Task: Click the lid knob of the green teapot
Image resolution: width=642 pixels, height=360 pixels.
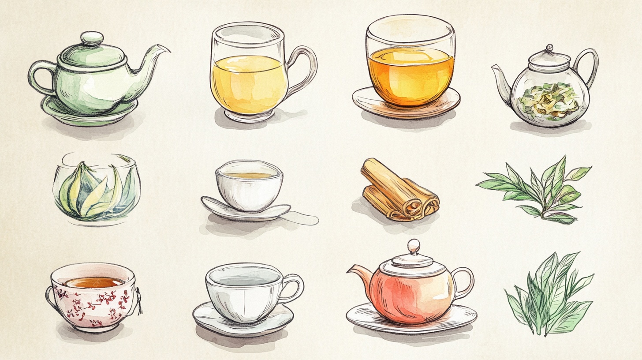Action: tap(92, 38)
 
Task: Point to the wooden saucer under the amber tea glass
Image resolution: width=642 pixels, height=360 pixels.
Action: tap(406, 106)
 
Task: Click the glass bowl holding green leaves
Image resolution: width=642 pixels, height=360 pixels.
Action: tap(97, 190)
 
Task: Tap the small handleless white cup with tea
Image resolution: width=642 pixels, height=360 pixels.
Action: tap(249, 185)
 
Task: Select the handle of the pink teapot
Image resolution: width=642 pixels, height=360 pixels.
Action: tap(466, 282)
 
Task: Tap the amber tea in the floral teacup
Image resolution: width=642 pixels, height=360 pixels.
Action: tap(92, 282)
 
